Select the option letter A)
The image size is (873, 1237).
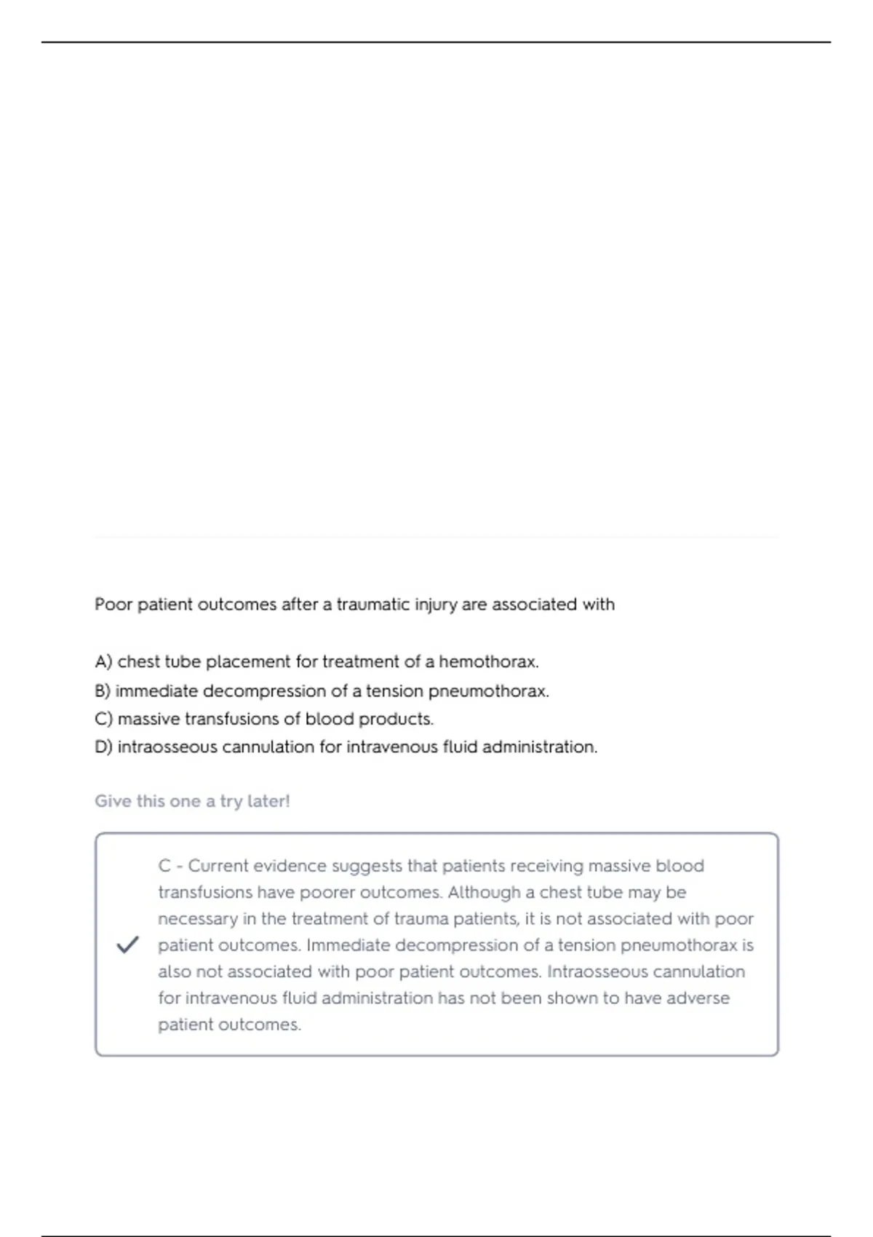(x=103, y=662)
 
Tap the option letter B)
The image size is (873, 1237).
(x=103, y=691)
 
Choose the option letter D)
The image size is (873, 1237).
(x=103, y=747)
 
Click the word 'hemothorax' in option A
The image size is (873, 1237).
(x=487, y=662)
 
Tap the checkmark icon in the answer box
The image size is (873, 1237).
(x=127, y=945)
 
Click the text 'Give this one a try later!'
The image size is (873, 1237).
(x=192, y=801)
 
